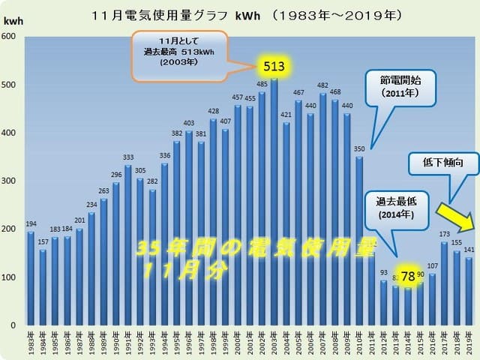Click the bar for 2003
click(x=274, y=202)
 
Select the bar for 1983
click(x=31, y=278)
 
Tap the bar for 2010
click(x=360, y=241)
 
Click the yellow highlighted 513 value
click(x=274, y=66)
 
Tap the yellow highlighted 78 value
click(x=408, y=276)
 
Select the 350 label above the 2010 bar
click(x=360, y=150)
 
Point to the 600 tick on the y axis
click(x=10, y=36)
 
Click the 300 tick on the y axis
click(x=10, y=181)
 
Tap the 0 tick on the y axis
click(x=14, y=325)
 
